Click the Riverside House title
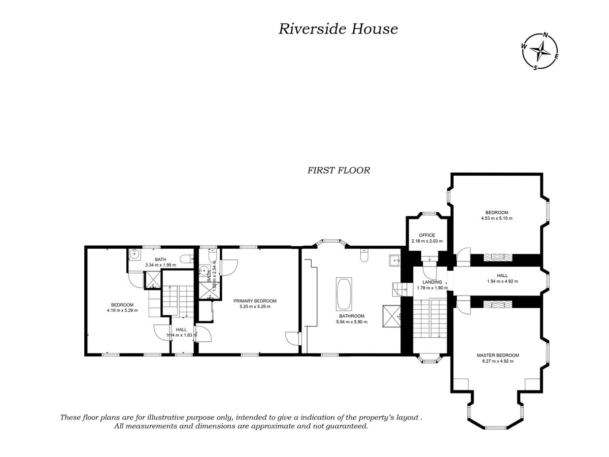337,29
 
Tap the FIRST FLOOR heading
339,171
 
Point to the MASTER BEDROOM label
497,355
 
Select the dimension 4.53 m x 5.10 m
496,219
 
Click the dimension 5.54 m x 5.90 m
351,322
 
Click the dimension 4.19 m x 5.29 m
122,310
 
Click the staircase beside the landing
429,320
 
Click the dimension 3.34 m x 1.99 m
160,265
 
